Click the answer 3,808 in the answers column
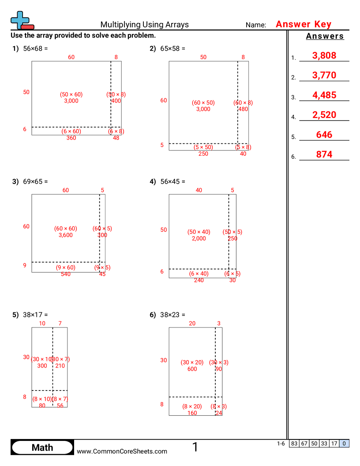click(x=324, y=56)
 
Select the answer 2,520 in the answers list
click(x=324, y=115)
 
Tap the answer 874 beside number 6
click(x=324, y=155)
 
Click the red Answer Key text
click(x=304, y=25)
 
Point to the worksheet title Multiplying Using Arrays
click(x=144, y=25)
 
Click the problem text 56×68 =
click(x=35, y=49)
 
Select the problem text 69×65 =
click(x=35, y=181)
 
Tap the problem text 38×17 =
click(x=35, y=315)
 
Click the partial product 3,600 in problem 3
click(x=65, y=235)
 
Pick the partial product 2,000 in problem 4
click(x=199, y=239)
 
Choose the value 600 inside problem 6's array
click(x=192, y=369)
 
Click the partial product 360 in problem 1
click(x=71, y=138)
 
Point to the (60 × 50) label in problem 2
click(x=203, y=103)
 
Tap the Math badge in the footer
click(x=42, y=447)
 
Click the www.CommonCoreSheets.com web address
click(x=122, y=451)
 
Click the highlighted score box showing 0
click(x=344, y=444)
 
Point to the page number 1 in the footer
click(x=195, y=447)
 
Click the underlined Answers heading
click(x=325, y=37)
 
